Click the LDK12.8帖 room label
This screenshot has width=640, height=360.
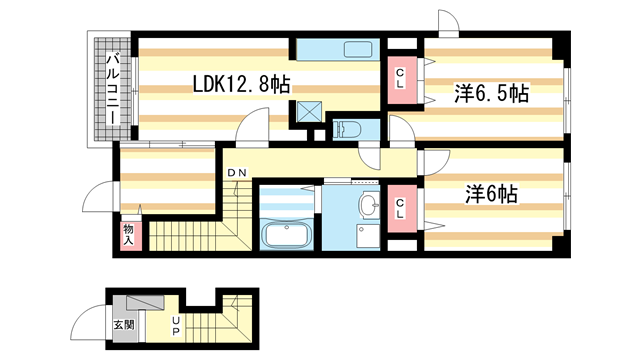pyautogui.click(x=241, y=85)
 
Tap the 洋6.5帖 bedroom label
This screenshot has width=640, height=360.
pyautogui.click(x=491, y=93)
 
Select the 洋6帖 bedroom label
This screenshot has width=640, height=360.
pyautogui.click(x=491, y=194)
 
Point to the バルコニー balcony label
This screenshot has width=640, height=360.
pyautogui.click(x=113, y=89)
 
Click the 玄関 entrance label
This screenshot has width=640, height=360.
pyautogui.click(x=124, y=325)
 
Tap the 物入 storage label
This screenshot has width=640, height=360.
pyautogui.click(x=129, y=235)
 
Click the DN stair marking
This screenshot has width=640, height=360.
pyautogui.click(x=237, y=173)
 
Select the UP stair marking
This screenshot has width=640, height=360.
pyautogui.click(x=176, y=325)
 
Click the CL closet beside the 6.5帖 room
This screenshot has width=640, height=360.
pyautogui.click(x=400, y=79)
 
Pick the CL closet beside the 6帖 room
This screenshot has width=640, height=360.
pyautogui.click(x=400, y=208)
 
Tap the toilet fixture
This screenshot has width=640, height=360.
pyautogui.click(x=347, y=130)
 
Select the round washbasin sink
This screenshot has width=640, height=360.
pyautogui.click(x=369, y=203)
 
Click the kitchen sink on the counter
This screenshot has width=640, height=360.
pyautogui.click(x=358, y=49)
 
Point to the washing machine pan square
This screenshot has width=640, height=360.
pyautogui.click(x=368, y=236)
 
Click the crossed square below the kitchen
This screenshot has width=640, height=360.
pyautogui.click(x=309, y=111)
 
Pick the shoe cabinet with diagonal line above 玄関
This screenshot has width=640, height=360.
pyautogui.click(x=145, y=302)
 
